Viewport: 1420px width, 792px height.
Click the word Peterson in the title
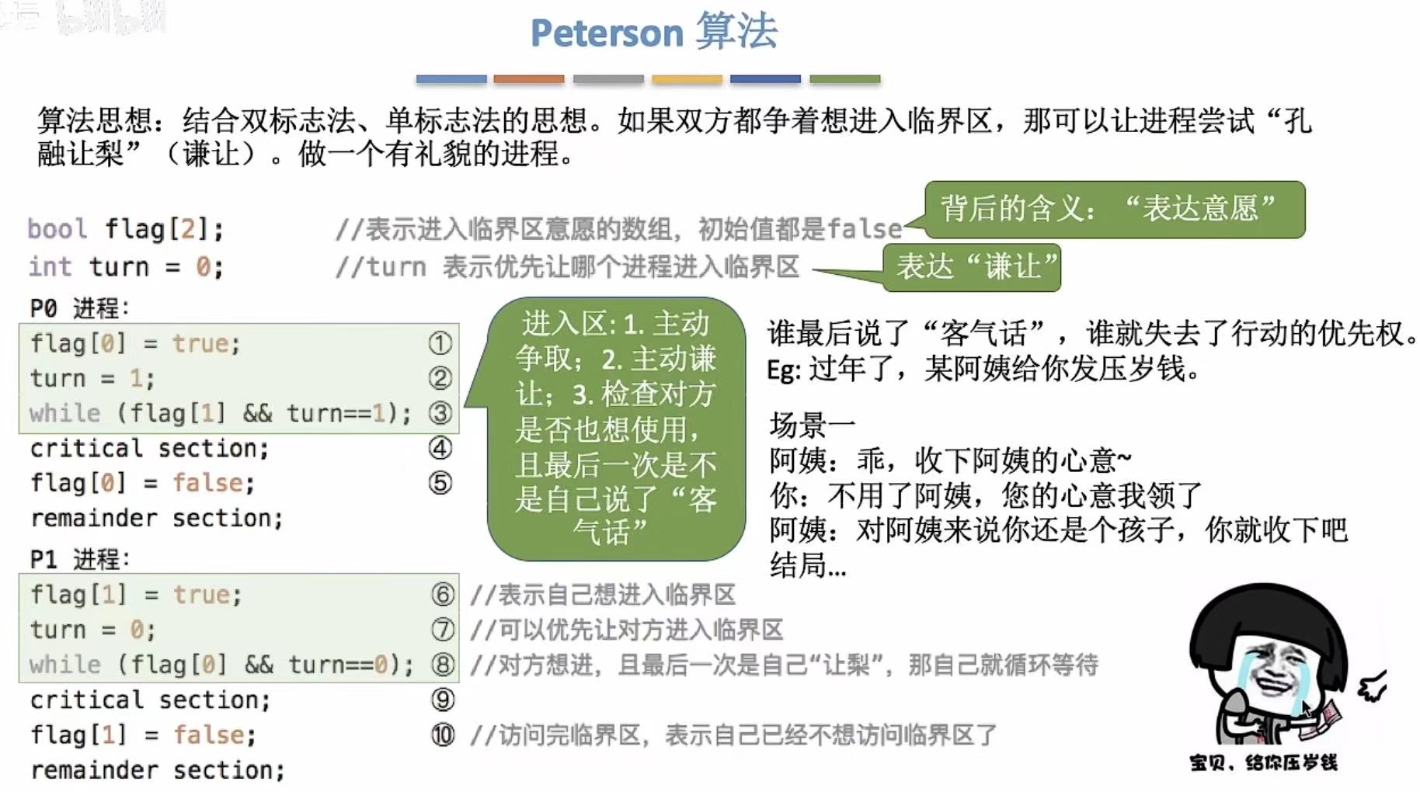pyautogui.click(x=606, y=33)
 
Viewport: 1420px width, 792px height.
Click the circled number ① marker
pyautogui.click(x=440, y=343)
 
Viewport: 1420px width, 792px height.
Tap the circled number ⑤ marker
pyautogui.click(x=440, y=483)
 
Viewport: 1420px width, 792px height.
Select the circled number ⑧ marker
pyautogui.click(x=443, y=665)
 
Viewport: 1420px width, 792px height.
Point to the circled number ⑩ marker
pyautogui.click(x=443, y=735)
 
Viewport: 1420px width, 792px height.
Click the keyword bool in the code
pyautogui.click(x=57, y=229)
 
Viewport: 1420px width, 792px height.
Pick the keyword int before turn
pyautogui.click(x=50, y=266)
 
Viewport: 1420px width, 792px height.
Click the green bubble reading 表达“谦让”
pyautogui.click(x=972, y=268)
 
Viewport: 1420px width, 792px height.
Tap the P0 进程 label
pyautogui.click(x=78, y=308)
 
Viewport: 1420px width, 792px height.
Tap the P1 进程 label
pyautogui.click(x=78, y=559)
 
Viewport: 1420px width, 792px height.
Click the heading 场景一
pyautogui.click(x=812, y=425)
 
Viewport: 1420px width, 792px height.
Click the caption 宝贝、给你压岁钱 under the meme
pyautogui.click(x=1263, y=762)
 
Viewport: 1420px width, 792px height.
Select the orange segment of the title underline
pyautogui.click(x=529, y=79)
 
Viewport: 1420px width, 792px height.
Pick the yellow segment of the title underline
pyautogui.click(x=687, y=79)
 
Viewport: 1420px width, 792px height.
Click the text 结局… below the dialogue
pyautogui.click(x=808, y=565)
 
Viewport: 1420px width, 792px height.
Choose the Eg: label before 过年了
pyautogui.click(x=783, y=370)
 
